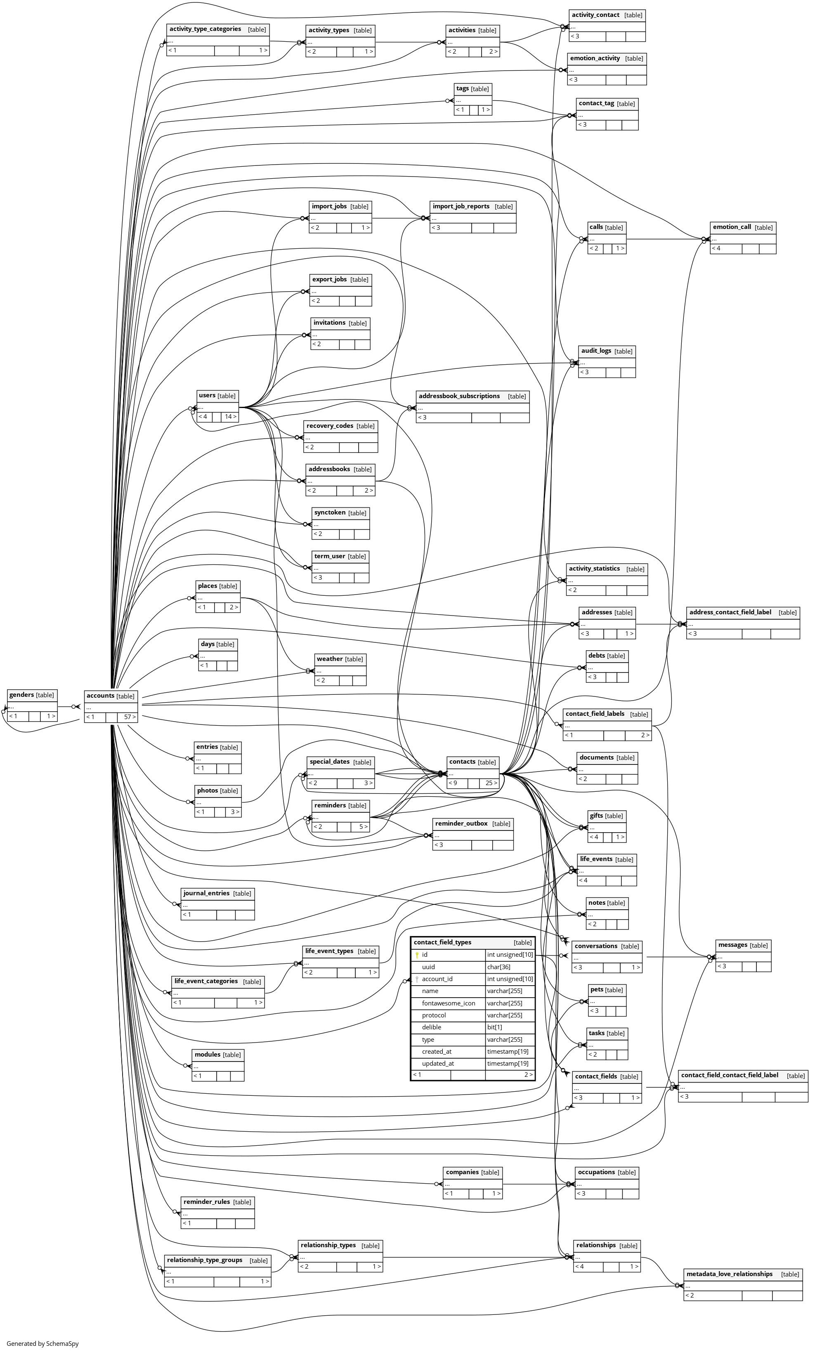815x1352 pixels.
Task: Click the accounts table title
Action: pyautogui.click(x=100, y=696)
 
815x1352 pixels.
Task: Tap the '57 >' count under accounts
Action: pyautogui.click(x=130, y=717)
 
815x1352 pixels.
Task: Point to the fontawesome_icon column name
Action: pyautogui.click(x=449, y=1003)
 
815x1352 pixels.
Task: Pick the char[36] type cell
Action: pyautogui.click(x=499, y=967)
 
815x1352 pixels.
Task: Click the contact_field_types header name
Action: pyautogui.click(x=442, y=943)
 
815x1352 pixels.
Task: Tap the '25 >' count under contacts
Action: pyautogui.click(x=491, y=783)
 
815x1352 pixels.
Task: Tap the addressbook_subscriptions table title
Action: pyautogui.click(x=459, y=396)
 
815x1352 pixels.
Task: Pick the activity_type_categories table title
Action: pyautogui.click(x=205, y=29)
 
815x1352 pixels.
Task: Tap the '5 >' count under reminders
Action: pyautogui.click(x=363, y=826)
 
